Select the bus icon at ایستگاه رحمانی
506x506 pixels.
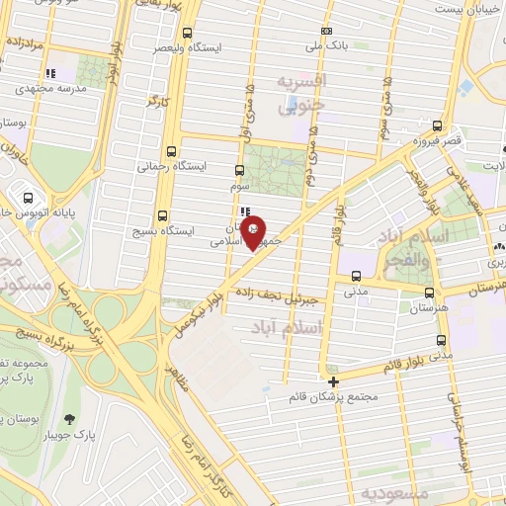173,152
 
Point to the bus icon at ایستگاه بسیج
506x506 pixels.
163,215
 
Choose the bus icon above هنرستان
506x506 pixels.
428,292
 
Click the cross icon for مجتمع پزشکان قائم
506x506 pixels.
334,381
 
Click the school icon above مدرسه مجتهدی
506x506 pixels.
50,73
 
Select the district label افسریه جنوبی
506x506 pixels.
299,95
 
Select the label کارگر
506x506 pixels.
159,101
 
